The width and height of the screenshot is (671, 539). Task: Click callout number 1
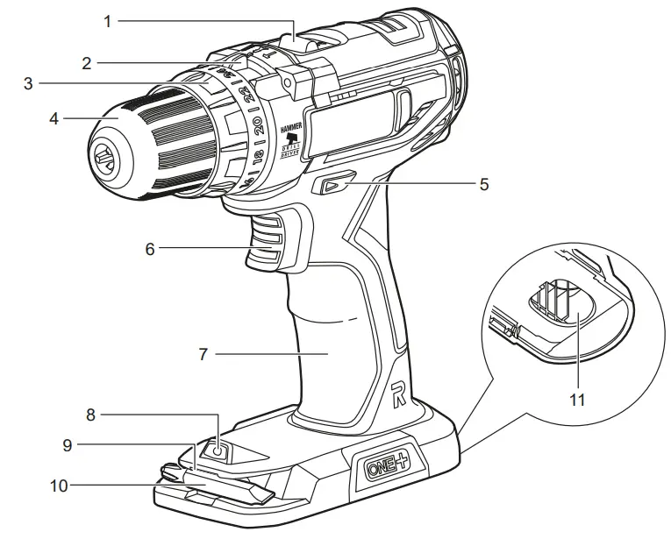108,20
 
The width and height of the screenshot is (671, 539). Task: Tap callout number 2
87,62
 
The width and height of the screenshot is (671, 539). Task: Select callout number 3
28,84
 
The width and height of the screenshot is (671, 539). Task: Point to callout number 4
54,117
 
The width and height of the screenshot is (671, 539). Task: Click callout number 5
483,185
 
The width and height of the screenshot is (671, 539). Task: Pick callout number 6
150,249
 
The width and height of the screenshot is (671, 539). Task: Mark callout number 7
203,354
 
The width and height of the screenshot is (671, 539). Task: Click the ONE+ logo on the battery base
386,466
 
